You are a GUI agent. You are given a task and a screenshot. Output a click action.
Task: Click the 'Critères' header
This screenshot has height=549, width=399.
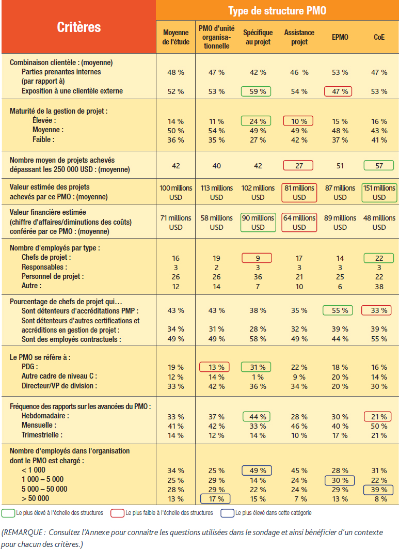[79, 27]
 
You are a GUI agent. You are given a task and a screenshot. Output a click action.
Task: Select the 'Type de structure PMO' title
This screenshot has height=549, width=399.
[277, 10]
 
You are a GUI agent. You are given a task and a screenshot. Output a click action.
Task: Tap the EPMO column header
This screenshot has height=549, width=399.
[340, 37]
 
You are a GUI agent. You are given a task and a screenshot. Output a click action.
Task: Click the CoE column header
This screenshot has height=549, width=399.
[379, 37]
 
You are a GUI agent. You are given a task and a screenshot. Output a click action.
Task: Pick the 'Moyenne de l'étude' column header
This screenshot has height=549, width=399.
[175, 37]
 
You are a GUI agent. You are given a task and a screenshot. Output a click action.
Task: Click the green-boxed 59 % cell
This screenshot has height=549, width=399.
[256, 91]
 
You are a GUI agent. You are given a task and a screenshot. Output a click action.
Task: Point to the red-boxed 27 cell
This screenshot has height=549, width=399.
[298, 165]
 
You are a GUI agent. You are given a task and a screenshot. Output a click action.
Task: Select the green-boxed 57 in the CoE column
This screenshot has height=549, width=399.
[379, 165]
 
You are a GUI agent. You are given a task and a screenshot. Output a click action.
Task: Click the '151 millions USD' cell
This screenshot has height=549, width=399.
[379, 193]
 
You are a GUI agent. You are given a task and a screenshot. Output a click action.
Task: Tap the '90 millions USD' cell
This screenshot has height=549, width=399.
[258, 222]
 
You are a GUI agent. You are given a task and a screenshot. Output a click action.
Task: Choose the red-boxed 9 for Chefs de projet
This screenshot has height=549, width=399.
[257, 258]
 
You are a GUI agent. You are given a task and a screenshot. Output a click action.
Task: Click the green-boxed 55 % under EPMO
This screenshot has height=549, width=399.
[338, 310]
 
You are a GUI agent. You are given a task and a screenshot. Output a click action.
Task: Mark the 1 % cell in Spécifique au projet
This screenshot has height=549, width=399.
[258, 377]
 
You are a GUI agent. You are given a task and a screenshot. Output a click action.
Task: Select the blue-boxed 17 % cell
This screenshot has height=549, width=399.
[215, 498]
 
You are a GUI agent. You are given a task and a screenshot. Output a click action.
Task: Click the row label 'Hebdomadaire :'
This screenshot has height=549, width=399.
[45, 416]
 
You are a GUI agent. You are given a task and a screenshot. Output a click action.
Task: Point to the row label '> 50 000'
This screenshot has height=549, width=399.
[35, 498]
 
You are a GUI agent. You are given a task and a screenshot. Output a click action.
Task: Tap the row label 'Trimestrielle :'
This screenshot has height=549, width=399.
[42, 435]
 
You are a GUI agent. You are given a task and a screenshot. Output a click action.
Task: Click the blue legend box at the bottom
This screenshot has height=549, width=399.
[227, 513]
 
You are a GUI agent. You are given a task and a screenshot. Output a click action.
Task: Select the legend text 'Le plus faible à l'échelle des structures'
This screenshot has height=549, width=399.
[169, 513]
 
